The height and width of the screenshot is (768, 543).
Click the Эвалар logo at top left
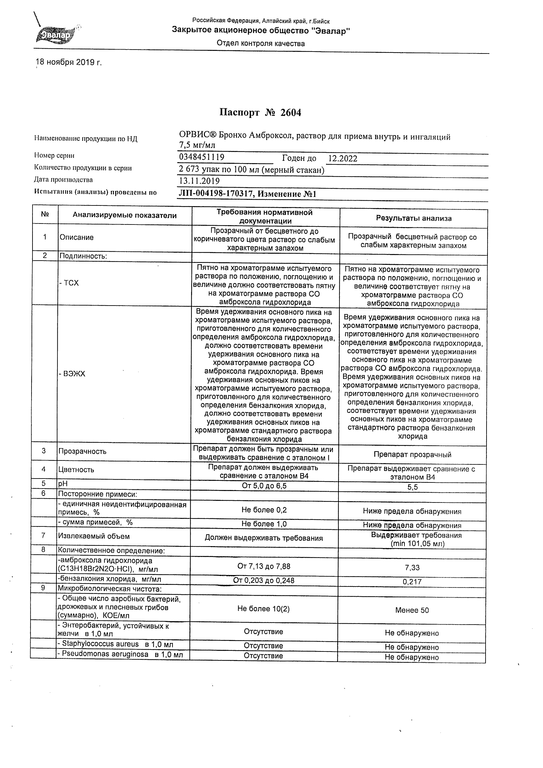click(x=56, y=34)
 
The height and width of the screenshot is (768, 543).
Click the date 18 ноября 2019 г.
click(x=69, y=62)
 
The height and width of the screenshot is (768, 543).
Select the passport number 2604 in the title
click(x=291, y=113)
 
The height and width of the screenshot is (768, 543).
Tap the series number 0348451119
click(x=202, y=157)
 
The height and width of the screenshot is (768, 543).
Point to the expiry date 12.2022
click(x=343, y=159)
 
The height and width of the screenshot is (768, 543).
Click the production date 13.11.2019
click(x=199, y=181)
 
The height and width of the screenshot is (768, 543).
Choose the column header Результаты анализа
click(x=414, y=219)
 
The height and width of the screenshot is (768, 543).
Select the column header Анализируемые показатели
click(x=124, y=215)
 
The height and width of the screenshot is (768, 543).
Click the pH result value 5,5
click(x=413, y=487)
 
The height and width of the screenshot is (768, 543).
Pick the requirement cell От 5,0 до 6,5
click(x=264, y=485)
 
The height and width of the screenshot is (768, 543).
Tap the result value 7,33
click(x=412, y=568)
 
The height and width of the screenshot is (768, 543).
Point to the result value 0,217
click(x=412, y=582)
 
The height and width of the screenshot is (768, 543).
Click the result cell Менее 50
click(x=412, y=610)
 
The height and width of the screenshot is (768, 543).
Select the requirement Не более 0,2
click(x=264, y=510)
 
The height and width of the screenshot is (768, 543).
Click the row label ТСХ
click(x=70, y=283)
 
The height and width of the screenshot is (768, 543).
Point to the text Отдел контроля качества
click(x=261, y=43)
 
